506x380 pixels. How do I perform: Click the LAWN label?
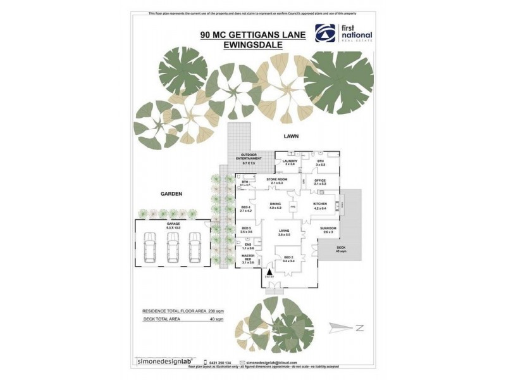[291, 136]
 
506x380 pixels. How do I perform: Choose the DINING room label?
[275, 205]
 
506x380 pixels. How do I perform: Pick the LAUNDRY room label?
[290, 163]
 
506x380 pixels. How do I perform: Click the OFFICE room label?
[320, 182]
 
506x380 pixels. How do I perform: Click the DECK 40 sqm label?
[341, 249]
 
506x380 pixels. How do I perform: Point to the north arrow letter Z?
[357, 328]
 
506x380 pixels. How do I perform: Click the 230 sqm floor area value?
[216, 312]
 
